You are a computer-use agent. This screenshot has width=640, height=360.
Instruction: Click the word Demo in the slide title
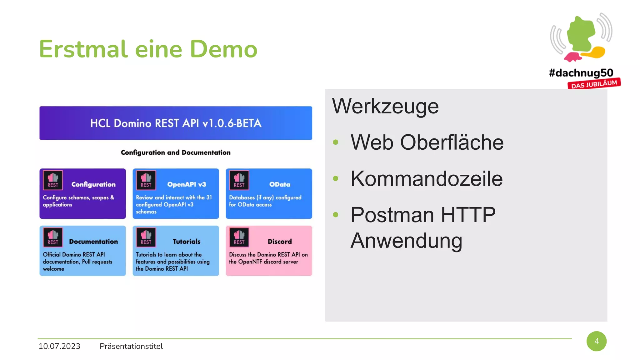click(x=223, y=49)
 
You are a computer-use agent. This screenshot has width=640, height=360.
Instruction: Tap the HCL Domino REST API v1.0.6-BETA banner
click(x=176, y=123)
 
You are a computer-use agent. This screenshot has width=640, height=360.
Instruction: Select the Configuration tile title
click(x=93, y=184)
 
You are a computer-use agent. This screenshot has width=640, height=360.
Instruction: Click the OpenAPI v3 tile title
click(x=187, y=184)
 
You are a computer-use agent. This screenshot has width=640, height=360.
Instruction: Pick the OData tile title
click(x=280, y=184)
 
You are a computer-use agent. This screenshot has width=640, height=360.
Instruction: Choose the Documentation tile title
click(x=93, y=242)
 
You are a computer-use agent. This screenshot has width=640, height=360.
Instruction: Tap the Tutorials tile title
click(x=187, y=242)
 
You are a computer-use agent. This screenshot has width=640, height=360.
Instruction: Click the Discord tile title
click(x=280, y=242)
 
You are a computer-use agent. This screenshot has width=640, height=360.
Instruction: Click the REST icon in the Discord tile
click(x=239, y=237)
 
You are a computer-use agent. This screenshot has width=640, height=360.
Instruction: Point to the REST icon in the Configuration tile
click(x=53, y=180)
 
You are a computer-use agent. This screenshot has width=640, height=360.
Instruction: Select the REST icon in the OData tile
click(x=239, y=180)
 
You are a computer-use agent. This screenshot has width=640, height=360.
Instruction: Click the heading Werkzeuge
click(x=385, y=106)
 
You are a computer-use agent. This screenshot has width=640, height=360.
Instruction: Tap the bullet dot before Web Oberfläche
click(x=336, y=142)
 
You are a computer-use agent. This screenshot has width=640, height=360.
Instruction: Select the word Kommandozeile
click(x=427, y=179)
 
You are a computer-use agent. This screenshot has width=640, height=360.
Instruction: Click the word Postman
click(x=392, y=215)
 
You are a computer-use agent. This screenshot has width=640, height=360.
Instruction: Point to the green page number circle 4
click(x=596, y=341)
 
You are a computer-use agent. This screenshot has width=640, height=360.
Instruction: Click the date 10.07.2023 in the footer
click(x=59, y=346)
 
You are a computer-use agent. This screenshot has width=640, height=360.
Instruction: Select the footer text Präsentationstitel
click(x=131, y=346)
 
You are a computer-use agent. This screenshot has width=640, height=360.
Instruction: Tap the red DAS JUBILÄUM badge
click(x=594, y=84)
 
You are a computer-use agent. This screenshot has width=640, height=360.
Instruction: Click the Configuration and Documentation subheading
click(x=176, y=152)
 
